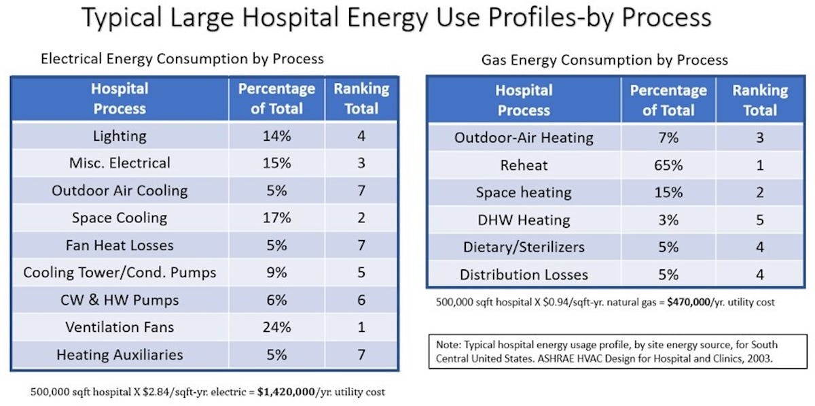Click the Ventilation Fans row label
120,327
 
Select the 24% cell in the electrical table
276,327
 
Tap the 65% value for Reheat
668,165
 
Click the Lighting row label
120,136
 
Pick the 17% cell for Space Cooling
276,218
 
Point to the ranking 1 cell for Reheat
759,165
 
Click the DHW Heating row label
524,220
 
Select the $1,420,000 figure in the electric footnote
293,392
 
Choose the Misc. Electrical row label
120,163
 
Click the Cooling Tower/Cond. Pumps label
120,273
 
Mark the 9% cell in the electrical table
276,273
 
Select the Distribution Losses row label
524,275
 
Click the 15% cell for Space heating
668,192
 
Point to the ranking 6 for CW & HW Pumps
361,300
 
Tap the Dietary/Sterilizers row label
524,248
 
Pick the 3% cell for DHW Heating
668,220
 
